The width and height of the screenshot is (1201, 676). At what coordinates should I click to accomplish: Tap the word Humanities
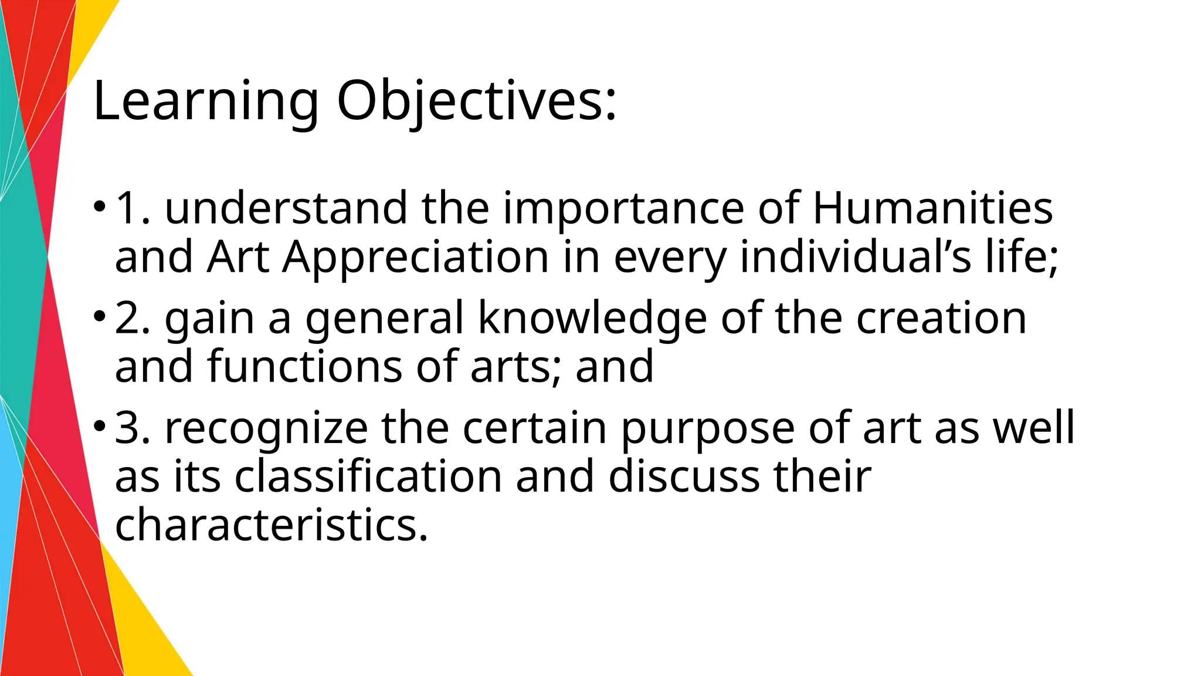(x=932, y=208)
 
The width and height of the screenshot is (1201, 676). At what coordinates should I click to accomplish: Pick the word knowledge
(x=592, y=318)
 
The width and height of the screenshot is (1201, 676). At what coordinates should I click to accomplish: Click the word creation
(x=941, y=318)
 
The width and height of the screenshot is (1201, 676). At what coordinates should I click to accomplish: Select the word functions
(x=304, y=367)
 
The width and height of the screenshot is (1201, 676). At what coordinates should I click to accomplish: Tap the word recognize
(x=266, y=428)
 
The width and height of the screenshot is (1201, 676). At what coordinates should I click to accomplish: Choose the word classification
(x=368, y=476)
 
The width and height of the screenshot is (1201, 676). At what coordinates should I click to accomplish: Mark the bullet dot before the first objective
(x=100, y=207)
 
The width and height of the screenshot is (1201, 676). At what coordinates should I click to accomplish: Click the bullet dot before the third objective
(x=100, y=427)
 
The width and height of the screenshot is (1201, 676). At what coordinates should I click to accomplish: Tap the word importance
(x=623, y=209)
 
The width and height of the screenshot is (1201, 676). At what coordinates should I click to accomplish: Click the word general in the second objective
(x=385, y=319)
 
